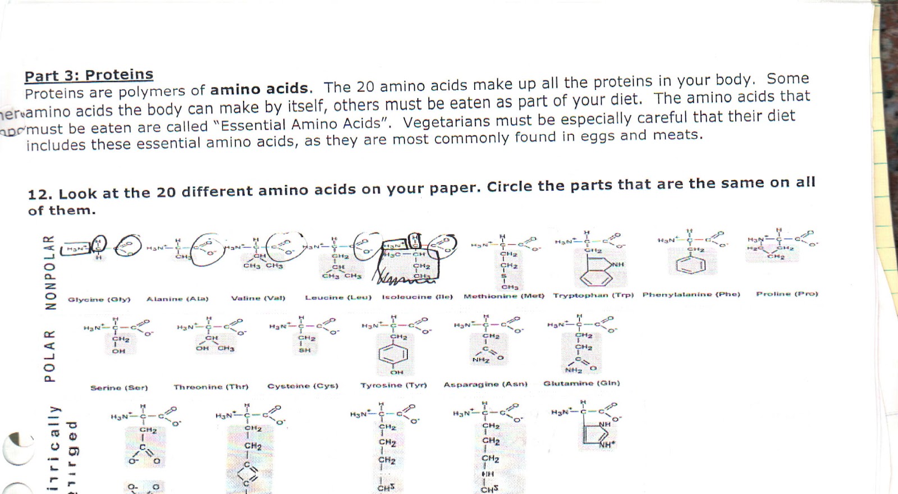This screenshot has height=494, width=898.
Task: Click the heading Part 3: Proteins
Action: [89, 75]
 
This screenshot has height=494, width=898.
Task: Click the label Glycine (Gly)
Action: [99, 299]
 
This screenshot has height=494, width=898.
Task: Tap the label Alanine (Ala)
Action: [177, 299]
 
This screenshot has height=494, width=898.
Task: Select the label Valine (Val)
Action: [258, 298]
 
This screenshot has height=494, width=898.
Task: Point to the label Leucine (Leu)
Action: [338, 297]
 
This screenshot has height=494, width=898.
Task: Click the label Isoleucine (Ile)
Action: [417, 296]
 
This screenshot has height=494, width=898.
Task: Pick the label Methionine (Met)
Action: [503, 296]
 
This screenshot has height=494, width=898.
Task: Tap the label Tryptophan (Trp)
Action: [593, 295]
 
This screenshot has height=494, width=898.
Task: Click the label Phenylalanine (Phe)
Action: [691, 294]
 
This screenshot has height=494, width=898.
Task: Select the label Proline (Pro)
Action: [787, 294]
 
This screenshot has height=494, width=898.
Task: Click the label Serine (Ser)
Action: [119, 387]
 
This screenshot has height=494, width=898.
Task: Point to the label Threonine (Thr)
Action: [210, 387]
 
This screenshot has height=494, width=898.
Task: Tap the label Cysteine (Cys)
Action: [303, 386]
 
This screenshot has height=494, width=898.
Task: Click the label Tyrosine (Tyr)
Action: [393, 385]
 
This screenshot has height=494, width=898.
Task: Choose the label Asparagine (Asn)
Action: [485, 384]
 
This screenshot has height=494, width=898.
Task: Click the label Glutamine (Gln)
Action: [581, 383]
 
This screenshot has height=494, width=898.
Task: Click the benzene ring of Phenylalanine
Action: [691, 266]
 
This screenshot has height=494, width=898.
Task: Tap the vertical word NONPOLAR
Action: [51, 272]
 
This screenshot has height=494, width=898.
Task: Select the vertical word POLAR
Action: [51, 356]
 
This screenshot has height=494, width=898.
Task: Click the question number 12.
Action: [39, 194]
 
